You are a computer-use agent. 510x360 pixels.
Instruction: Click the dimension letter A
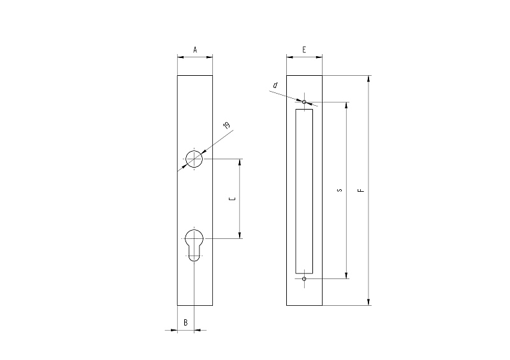pyautogui.click(x=195, y=50)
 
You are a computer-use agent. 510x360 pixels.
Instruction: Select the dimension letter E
pyautogui.click(x=304, y=50)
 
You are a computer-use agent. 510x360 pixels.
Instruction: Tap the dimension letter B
pyautogui.click(x=186, y=322)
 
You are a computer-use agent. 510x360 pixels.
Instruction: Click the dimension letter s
pyautogui.click(x=340, y=191)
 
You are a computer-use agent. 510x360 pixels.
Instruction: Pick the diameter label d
pyautogui.click(x=275, y=85)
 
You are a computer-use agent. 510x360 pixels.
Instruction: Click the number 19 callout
pyautogui.click(x=226, y=125)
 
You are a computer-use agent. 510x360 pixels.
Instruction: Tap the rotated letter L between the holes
pyautogui.click(x=233, y=198)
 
